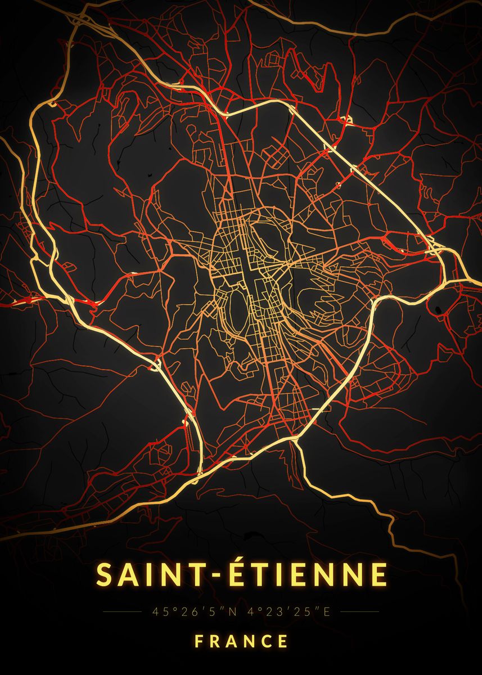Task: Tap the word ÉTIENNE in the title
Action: (301, 574)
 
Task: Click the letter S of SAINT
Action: (105, 574)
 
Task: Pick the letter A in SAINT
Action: (128, 574)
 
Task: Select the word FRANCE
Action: (241, 641)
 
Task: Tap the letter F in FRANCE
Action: (199, 641)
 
